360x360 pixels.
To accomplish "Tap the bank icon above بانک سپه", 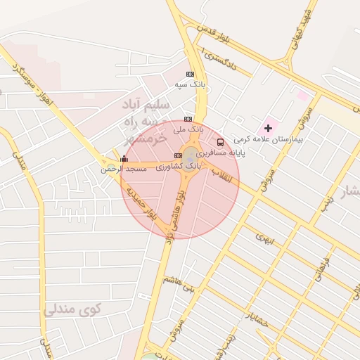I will [190, 73].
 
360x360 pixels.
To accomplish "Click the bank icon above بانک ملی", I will [187, 119].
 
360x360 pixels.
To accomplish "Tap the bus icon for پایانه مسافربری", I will [221, 142].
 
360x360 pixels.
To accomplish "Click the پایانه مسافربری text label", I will [221, 153].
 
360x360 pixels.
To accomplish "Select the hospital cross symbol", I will [267, 128].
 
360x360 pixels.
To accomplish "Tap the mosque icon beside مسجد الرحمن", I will [124, 159].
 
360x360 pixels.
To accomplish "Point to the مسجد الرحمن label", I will [124, 169].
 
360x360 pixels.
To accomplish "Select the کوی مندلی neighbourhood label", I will [72, 309].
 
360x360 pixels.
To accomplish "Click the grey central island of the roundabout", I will [191, 153].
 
